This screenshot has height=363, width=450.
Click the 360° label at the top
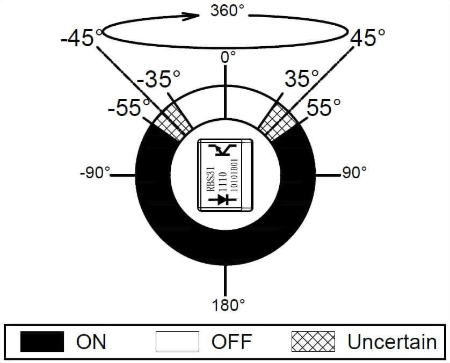point(228,11)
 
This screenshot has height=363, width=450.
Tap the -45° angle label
point(82,38)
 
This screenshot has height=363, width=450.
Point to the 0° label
point(228,57)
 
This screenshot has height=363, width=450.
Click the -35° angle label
point(159,78)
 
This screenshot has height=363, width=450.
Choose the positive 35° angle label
point(302,78)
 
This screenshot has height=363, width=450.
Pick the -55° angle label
point(129,107)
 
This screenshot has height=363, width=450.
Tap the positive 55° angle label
point(323,107)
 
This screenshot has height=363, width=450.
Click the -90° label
point(95,173)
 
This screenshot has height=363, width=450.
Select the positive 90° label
point(354,173)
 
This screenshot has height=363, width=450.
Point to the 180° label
point(228,305)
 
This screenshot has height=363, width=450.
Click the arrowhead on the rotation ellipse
point(191,16)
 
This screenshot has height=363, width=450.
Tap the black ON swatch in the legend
point(42,342)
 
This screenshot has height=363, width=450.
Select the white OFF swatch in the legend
point(177,342)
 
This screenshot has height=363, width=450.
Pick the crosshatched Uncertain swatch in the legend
point(313,342)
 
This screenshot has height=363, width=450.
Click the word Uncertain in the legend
point(392,342)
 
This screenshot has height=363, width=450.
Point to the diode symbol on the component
point(223,199)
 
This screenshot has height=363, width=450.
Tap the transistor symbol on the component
point(223,150)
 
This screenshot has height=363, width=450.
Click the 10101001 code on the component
point(235,175)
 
